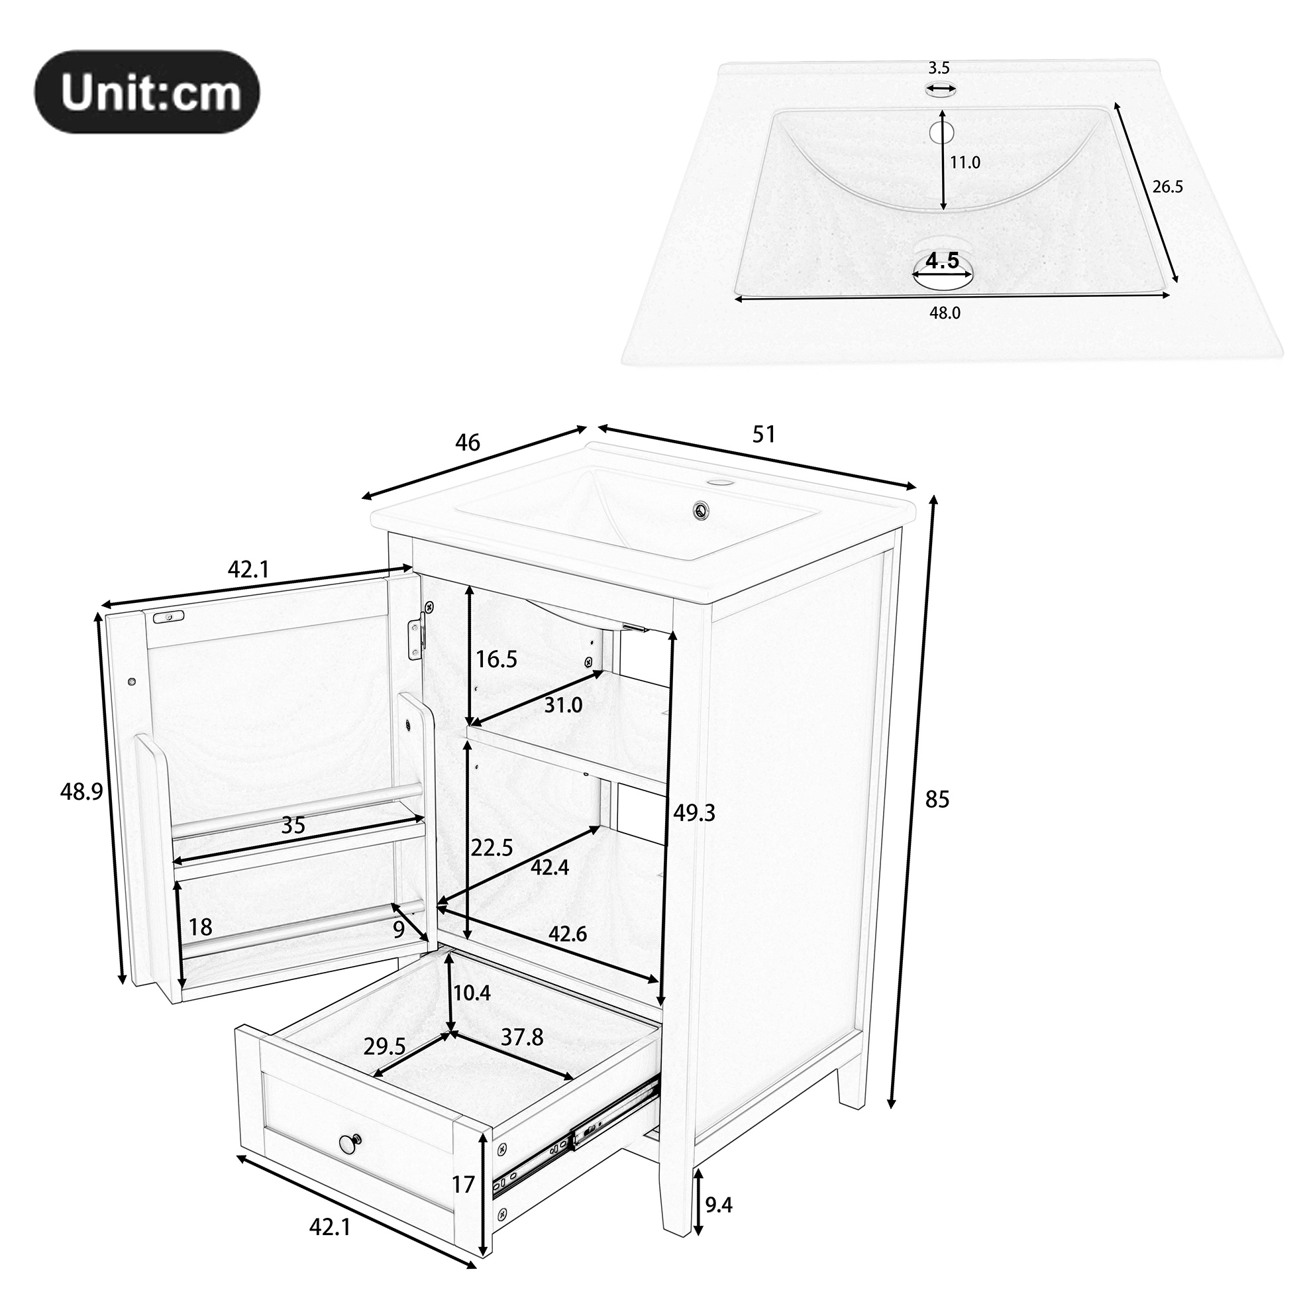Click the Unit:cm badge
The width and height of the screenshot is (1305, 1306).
click(147, 91)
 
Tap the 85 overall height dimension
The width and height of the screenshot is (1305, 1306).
click(937, 799)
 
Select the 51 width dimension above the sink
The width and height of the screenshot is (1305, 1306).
click(764, 434)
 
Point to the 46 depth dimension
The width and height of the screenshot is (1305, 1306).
click(467, 443)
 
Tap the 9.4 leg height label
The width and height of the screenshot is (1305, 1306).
click(718, 1205)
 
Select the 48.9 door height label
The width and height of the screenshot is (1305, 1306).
click(81, 792)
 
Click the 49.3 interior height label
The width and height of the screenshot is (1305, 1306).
click(694, 812)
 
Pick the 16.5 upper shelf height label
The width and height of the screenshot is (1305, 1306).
click(496, 659)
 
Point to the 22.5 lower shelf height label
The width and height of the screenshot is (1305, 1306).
click(492, 847)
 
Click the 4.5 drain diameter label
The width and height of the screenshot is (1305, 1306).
click(942, 260)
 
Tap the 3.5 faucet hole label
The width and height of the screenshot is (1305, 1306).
click(939, 68)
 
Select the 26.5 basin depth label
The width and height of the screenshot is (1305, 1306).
click(1168, 187)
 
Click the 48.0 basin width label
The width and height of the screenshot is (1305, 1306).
click(945, 312)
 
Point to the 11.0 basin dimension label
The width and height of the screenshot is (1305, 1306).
click(965, 162)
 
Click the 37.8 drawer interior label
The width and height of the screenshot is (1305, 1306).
click(522, 1037)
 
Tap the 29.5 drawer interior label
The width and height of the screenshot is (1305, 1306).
click(384, 1047)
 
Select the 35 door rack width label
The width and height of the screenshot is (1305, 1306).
click(293, 825)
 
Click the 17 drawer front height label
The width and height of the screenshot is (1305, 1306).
click(464, 1185)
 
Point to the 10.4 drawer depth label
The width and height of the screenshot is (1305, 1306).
click(472, 993)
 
